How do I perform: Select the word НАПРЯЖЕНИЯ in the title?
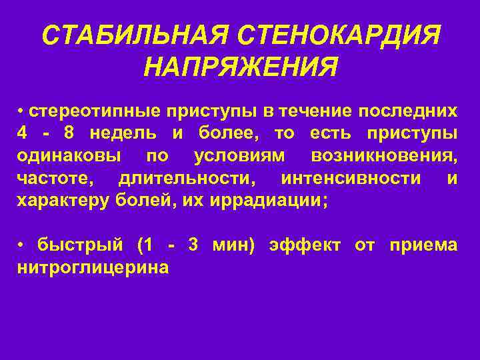241,67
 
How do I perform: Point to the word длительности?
190,179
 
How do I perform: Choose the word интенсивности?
351,179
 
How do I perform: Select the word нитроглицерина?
93,268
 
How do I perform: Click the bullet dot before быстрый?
21,245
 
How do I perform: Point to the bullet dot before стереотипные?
21,109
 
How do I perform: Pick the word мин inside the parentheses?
230,245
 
